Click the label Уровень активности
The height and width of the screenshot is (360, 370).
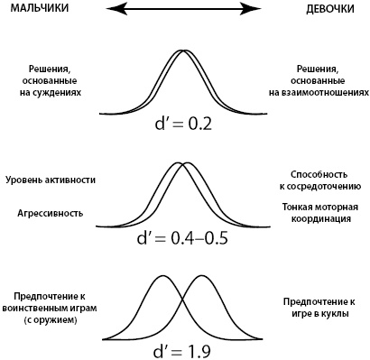coord(51,180)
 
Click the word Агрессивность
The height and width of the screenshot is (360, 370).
coord(51,214)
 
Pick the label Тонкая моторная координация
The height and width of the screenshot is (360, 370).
coord(319,213)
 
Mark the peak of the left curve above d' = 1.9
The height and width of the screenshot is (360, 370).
coord(162,277)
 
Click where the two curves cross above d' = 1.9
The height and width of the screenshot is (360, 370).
coord(183,302)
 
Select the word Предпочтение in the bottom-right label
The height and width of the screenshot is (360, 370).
coord(313,300)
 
